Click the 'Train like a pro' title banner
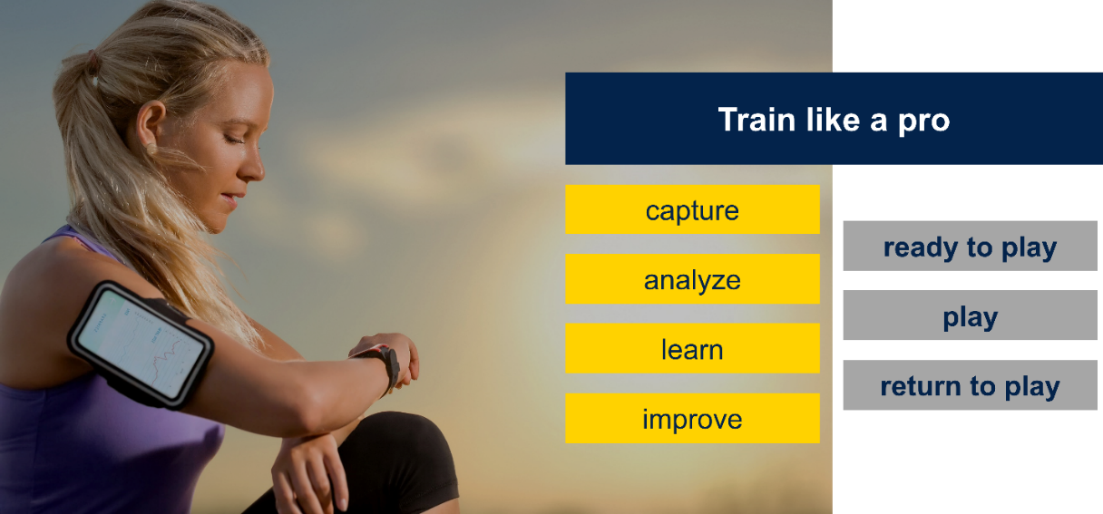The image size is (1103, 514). (x=834, y=119)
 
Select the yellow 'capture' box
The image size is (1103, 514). (x=692, y=209)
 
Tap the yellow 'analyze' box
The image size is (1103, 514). (x=692, y=279)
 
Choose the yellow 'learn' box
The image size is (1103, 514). (x=692, y=348)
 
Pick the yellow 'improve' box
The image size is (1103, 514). (x=692, y=418)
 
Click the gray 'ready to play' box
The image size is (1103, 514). (x=970, y=246)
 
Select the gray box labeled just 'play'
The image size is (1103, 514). (x=970, y=315)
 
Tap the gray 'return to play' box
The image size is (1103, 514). (x=970, y=385)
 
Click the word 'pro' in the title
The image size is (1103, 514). (x=922, y=121)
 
